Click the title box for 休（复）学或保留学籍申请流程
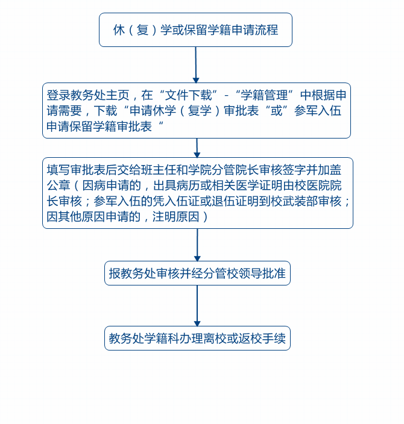pyautogui.click(x=195, y=30)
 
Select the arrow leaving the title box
pyautogui.click(x=195, y=64)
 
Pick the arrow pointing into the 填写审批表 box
pyautogui.click(x=197, y=148)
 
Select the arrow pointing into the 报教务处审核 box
pyautogui.click(x=197, y=245)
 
